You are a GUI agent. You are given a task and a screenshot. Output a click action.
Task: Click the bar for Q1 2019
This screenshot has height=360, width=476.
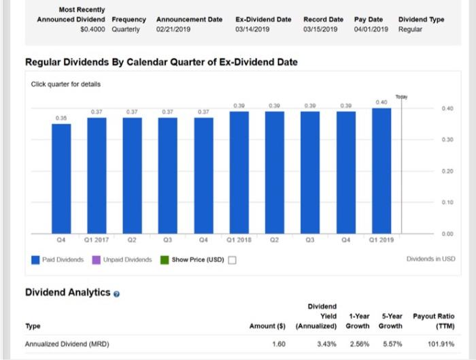coord(381,170)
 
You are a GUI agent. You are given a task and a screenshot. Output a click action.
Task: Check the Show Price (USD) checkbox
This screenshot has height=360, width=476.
coord(232,259)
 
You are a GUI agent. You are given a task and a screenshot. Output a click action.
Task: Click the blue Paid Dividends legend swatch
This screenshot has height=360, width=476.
coord(36,259)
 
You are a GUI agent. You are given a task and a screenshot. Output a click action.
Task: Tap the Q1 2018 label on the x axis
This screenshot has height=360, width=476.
coord(239,240)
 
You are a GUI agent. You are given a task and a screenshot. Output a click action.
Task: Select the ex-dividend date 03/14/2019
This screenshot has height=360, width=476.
coord(254,30)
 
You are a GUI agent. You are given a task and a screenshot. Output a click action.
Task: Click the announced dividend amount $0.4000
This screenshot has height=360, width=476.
coord(93,30)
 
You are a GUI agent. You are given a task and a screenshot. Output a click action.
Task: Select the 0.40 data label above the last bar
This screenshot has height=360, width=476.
coord(381,102)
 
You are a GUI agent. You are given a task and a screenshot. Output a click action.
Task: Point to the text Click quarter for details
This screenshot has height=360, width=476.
coord(66,84)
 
